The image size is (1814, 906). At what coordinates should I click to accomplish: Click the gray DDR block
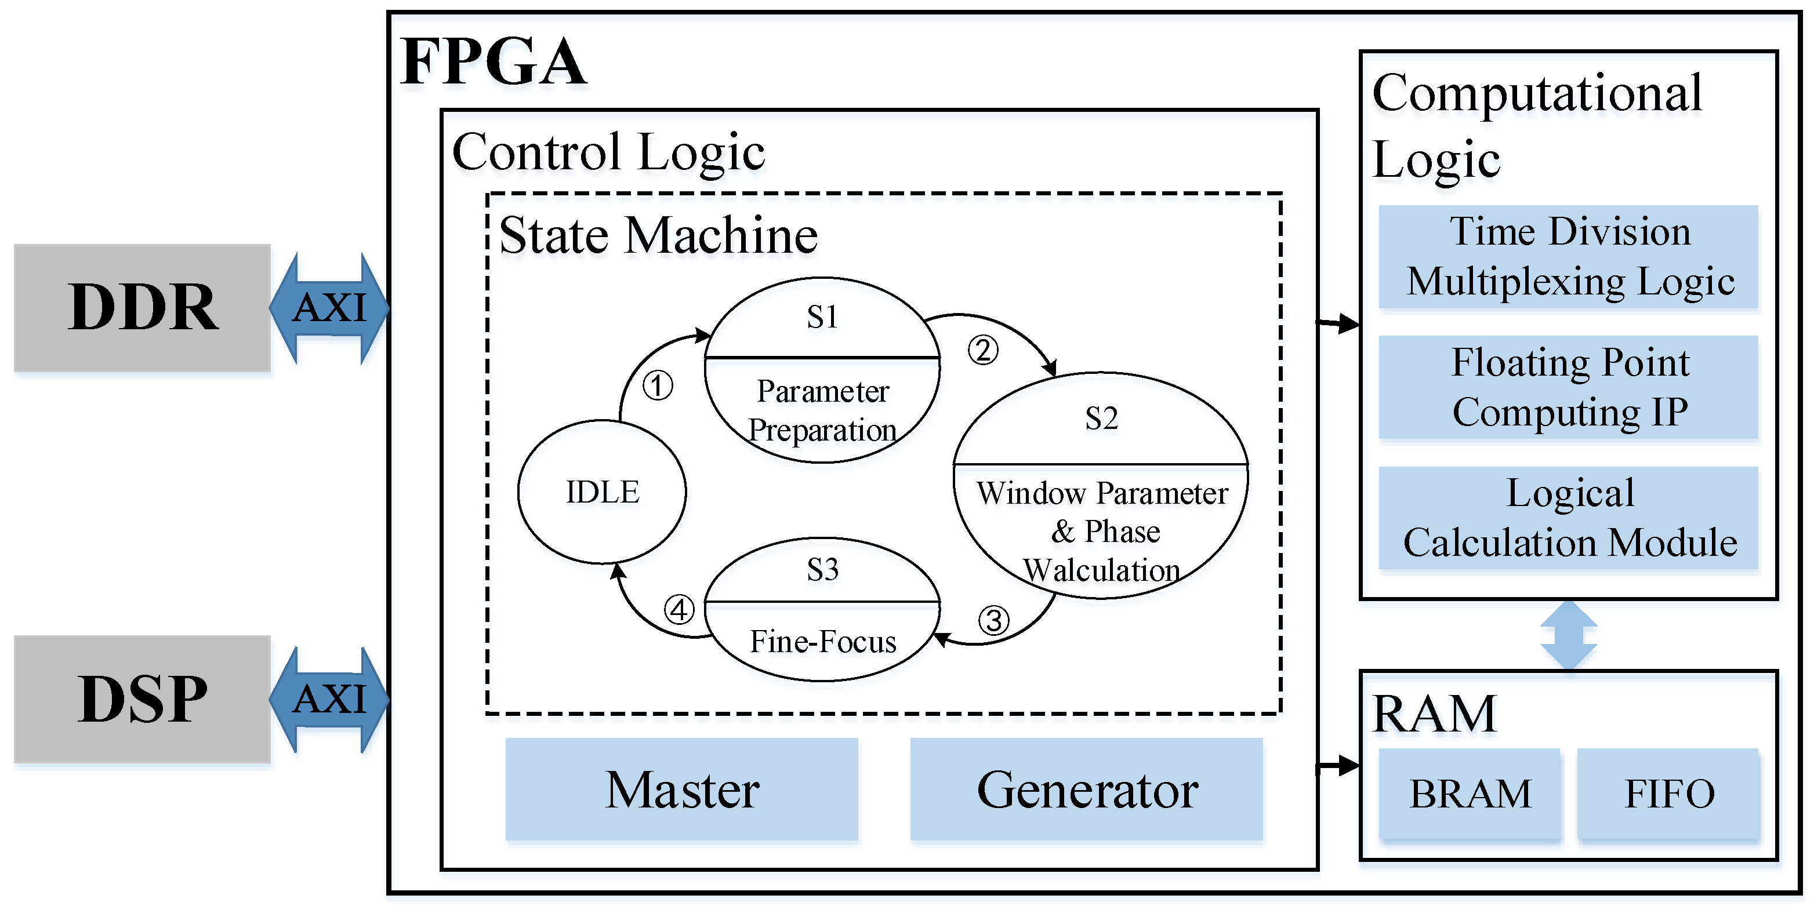[142, 308]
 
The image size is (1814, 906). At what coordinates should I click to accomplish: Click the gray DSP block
[142, 699]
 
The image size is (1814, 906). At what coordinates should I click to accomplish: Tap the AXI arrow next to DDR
[329, 308]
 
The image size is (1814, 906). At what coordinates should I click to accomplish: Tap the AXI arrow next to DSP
[329, 699]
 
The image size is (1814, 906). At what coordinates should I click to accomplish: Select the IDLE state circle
[602, 492]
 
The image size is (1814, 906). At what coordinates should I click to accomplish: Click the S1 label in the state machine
[822, 318]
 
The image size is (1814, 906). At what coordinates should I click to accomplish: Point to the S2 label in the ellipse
[1101, 419]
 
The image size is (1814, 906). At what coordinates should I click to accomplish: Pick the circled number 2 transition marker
[983, 350]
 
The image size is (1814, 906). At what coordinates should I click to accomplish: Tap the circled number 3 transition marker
[993, 621]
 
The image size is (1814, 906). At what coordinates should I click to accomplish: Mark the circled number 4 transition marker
[680, 610]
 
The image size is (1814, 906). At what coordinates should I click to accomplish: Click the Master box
[681, 789]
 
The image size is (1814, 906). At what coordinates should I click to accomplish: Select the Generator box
[1087, 789]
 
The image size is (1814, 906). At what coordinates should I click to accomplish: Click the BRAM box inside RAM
[1470, 794]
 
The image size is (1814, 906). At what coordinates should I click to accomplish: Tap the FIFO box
[1668, 794]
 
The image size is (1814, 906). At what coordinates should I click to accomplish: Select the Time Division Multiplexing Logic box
[1569, 256]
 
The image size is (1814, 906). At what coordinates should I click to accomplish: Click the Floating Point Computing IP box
[1569, 387]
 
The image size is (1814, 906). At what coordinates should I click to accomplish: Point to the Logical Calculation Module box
[1569, 518]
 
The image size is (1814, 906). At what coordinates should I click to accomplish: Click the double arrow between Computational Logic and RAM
[1568, 635]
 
